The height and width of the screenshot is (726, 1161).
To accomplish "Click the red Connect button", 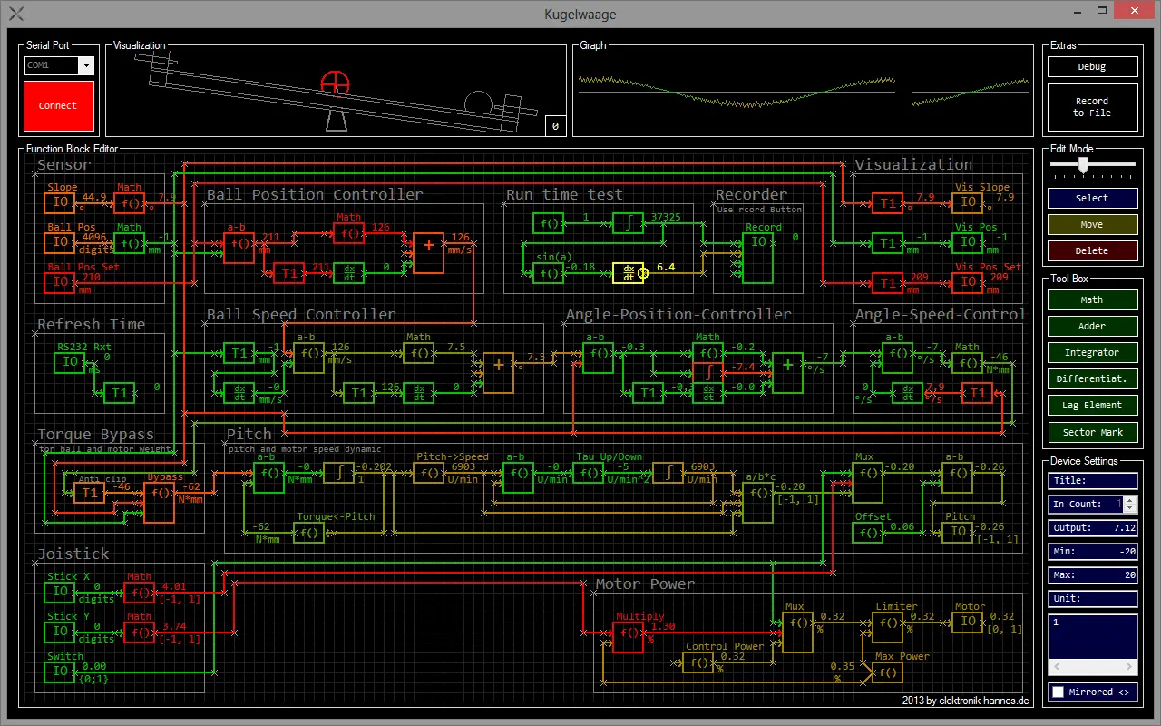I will click(58, 106).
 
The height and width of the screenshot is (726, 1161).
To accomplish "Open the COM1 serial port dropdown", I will click(86, 65).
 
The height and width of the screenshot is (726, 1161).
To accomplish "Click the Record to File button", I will click(1091, 107).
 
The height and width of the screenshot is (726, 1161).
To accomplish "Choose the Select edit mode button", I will click(1091, 198).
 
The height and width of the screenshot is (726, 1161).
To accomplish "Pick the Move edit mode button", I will click(1091, 224).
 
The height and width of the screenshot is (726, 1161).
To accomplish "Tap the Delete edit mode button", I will click(1091, 250).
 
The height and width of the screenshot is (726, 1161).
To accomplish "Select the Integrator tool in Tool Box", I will click(1091, 352).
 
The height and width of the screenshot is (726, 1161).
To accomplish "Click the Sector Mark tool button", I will click(1091, 432).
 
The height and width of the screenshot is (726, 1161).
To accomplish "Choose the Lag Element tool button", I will click(1091, 405).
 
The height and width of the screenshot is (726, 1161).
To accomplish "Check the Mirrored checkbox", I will click(1058, 692).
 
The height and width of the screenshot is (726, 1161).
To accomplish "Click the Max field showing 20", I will click(1091, 575).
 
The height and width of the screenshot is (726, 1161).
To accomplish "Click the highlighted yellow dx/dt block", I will click(628, 273).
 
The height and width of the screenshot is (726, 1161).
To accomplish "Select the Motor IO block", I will click(969, 622).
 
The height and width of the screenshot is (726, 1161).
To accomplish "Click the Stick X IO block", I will click(60, 592).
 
